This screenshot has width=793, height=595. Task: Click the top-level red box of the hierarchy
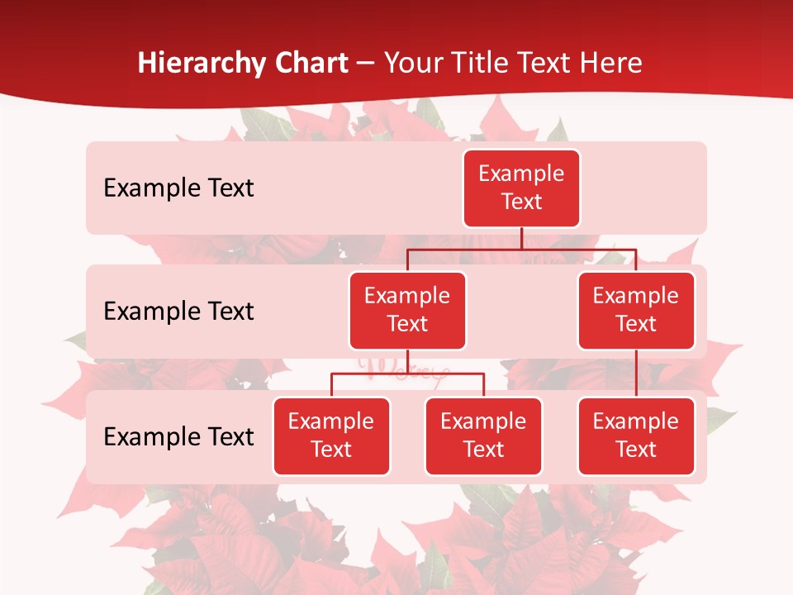[x=521, y=188]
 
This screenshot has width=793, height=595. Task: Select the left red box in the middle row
[x=407, y=310]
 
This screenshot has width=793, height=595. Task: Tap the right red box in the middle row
[x=636, y=310]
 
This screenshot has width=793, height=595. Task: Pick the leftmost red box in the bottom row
[x=331, y=436]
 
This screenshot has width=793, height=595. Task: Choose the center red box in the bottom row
[x=483, y=436]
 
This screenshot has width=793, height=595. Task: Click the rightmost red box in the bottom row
[x=636, y=436]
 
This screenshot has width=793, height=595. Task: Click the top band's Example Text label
[x=178, y=188]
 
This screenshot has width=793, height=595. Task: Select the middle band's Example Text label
[x=178, y=311]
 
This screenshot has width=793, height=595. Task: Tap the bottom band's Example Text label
[x=178, y=436]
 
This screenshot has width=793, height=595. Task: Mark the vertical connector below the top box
[x=521, y=238]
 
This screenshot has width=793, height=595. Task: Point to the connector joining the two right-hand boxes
[x=636, y=373]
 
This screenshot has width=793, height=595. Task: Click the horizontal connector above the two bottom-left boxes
[x=407, y=374]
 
